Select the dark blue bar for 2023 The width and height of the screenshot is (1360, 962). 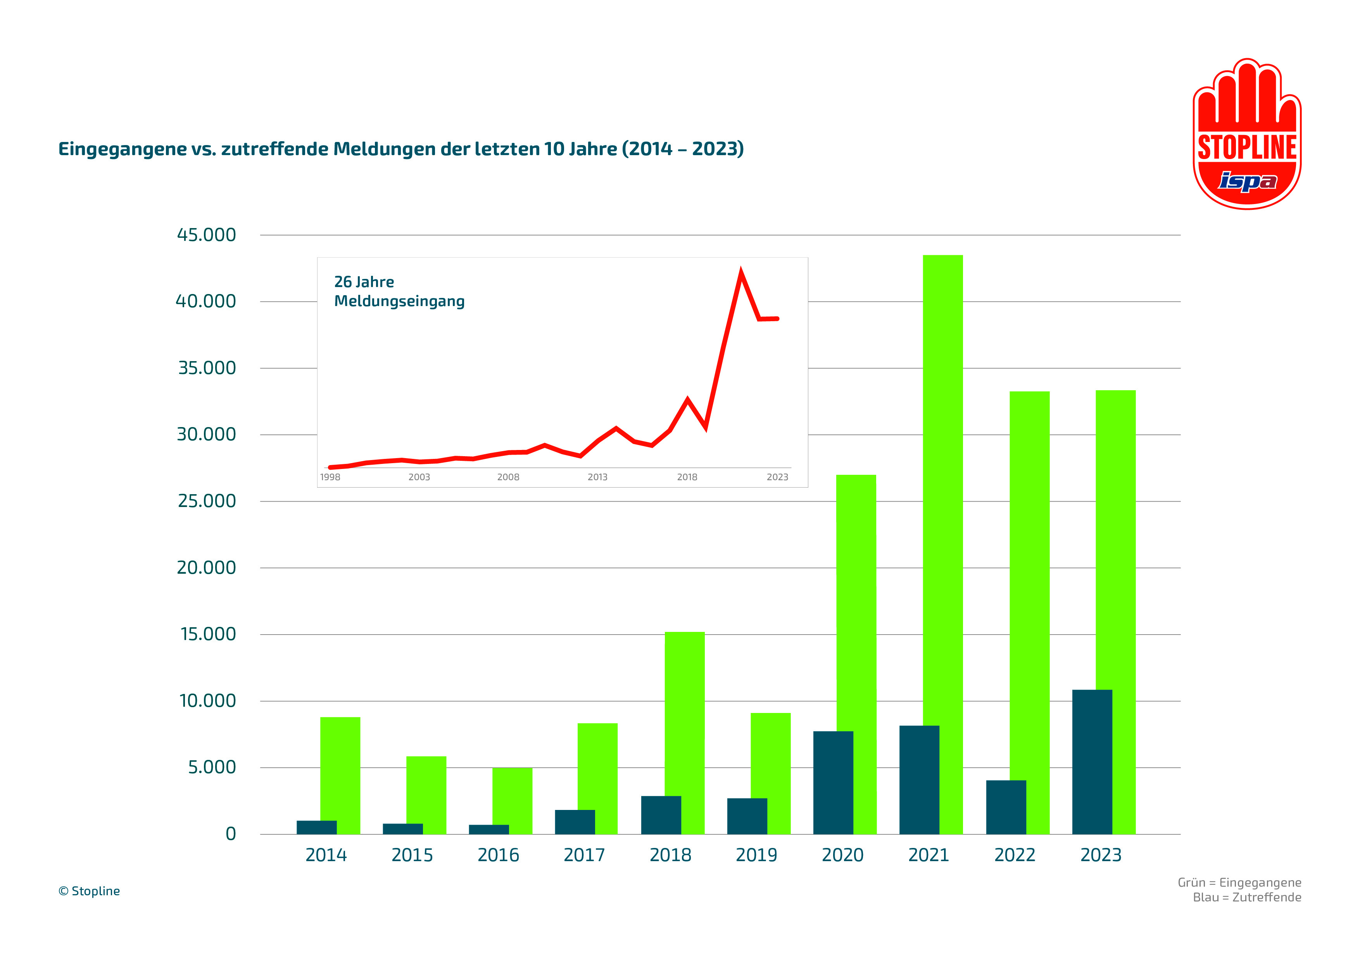[1092, 762]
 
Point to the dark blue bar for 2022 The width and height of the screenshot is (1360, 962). [1006, 807]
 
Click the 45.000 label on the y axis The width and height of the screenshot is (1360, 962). [206, 235]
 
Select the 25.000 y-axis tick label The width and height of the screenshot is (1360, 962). [207, 501]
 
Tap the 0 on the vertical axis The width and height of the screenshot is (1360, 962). [230, 834]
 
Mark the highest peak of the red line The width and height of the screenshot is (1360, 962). [740, 274]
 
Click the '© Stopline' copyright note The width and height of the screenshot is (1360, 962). [89, 891]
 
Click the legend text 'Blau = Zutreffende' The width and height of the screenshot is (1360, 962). [1247, 897]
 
